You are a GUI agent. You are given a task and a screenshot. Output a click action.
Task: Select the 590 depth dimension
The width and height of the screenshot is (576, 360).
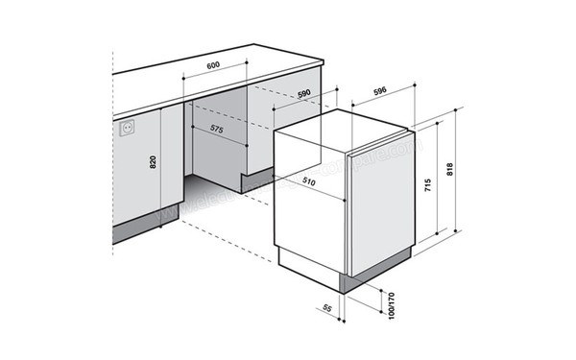[x=304, y=94]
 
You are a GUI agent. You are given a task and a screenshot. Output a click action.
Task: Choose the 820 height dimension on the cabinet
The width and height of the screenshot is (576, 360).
[x=153, y=162]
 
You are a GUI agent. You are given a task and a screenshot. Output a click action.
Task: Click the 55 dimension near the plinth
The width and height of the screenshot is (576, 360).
[x=325, y=307]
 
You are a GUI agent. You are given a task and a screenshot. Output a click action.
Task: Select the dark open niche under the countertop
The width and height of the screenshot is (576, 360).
[x=221, y=144]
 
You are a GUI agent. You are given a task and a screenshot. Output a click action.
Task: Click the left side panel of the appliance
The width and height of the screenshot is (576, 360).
[x=309, y=202]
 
